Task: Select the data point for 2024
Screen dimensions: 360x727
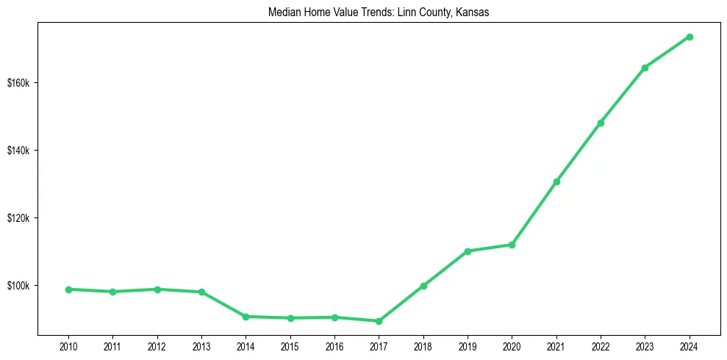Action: tap(690, 37)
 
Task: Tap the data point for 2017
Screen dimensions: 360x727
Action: tap(379, 321)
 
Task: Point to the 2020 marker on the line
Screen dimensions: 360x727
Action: tap(512, 245)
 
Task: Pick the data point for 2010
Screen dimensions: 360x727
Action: tap(68, 289)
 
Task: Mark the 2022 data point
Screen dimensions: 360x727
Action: tap(601, 123)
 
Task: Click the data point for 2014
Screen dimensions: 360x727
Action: tap(246, 317)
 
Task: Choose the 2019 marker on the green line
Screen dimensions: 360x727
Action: tap(468, 251)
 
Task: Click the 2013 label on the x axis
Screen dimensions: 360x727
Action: tap(201, 345)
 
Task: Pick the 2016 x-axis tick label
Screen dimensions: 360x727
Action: tap(334, 345)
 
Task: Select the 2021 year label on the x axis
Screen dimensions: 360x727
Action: tap(556, 345)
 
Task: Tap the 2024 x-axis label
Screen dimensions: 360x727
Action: tap(690, 345)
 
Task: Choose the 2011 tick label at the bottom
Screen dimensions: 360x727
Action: tap(112, 345)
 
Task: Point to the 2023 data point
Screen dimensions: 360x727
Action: tap(645, 68)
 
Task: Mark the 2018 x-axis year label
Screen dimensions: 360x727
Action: tap(423, 345)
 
